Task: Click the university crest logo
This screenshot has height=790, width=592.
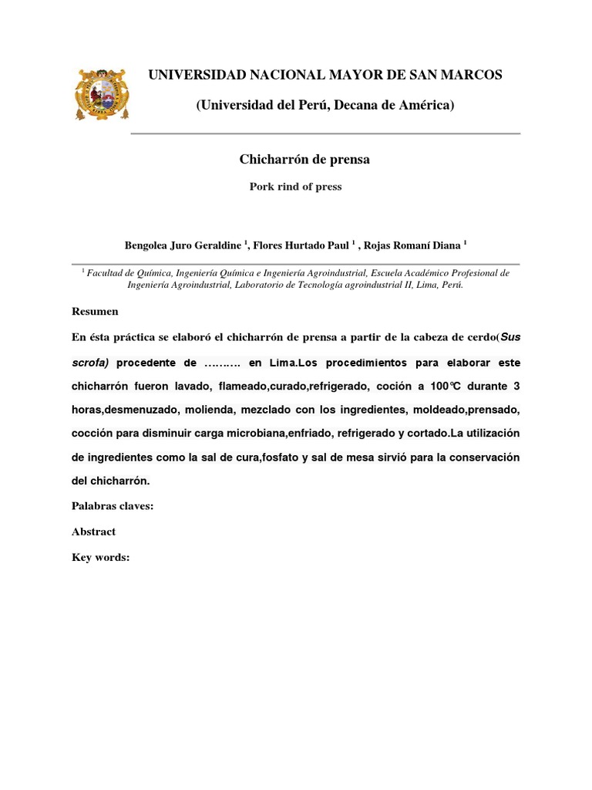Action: point(102,93)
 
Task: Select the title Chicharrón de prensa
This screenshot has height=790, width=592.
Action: point(304,160)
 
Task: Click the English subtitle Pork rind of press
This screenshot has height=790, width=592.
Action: point(295,186)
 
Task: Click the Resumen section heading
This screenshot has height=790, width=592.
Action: point(95,311)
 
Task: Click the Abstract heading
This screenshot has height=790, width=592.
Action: point(93,532)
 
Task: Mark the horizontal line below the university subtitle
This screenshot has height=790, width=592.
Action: point(325,133)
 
